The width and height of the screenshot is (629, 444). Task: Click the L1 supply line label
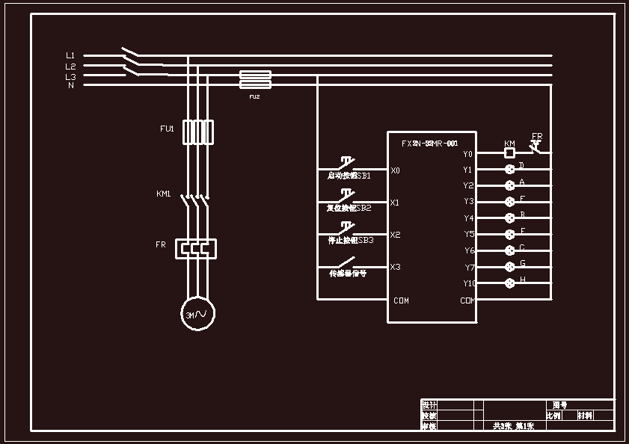pos(70,55)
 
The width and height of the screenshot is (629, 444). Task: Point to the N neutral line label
pos(71,85)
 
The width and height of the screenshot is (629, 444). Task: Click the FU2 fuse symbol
pos(254,79)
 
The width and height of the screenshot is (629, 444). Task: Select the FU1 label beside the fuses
pos(167,129)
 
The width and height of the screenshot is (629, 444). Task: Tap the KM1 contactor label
pos(164,194)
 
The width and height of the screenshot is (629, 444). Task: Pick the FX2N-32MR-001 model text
pos(429,143)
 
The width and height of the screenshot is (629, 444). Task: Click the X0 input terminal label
pos(395,170)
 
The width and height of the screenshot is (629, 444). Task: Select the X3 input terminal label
pos(395,267)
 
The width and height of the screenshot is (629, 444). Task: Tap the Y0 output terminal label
pos(467,154)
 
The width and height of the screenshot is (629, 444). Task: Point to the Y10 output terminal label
pos(469,283)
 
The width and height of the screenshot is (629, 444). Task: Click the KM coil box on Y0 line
pos(510,153)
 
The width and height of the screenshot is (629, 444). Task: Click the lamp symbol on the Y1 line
pos(510,170)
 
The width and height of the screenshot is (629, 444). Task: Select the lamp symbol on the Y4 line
pos(510,218)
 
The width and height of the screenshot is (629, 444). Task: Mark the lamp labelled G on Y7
pos(510,267)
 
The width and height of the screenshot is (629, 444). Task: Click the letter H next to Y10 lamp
pos(522,279)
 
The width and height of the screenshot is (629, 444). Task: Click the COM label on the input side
pos(401,300)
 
